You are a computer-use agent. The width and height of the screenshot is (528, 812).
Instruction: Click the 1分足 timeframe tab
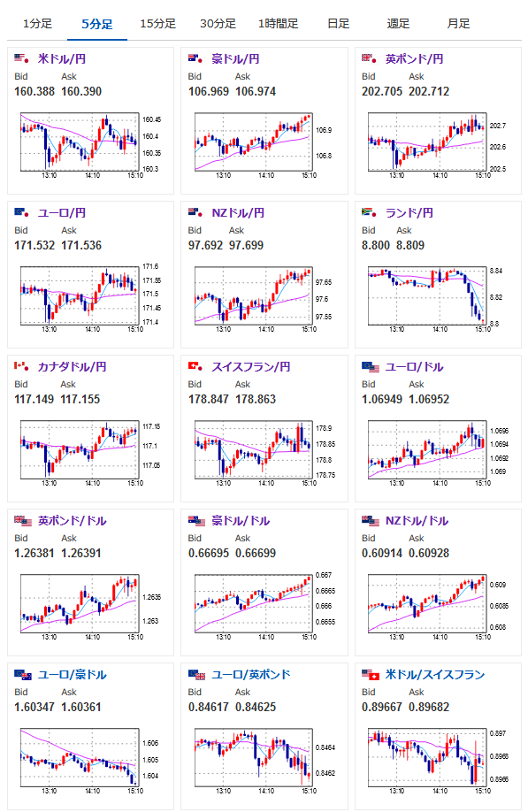37,24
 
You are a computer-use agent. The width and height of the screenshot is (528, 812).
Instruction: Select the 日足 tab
339,24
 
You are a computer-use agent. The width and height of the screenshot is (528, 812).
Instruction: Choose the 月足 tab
459,24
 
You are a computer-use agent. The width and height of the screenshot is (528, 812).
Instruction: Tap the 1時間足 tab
279,24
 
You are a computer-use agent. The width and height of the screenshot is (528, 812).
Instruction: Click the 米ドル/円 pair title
62,59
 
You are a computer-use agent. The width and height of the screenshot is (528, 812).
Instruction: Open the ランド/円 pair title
409,213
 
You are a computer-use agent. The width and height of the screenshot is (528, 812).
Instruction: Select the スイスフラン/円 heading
250,367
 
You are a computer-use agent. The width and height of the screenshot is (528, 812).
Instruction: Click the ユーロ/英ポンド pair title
250,674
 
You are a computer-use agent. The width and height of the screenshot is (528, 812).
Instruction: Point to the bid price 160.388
34,92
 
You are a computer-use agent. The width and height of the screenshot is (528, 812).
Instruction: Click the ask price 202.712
429,92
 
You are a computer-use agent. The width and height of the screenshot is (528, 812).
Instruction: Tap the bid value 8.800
376,246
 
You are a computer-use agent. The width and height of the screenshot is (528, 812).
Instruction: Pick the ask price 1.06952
429,399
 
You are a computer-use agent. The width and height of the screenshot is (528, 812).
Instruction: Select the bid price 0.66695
209,553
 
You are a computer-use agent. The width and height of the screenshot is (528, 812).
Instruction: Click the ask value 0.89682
429,707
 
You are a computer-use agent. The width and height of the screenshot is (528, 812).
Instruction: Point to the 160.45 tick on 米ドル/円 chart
151,119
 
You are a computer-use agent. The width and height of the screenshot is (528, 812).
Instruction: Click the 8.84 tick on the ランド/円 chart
496,271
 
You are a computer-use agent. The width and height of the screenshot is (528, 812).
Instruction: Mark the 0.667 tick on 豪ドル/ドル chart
324,575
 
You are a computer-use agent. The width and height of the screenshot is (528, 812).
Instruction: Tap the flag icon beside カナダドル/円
21,367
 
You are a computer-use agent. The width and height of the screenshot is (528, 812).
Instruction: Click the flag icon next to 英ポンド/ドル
23,520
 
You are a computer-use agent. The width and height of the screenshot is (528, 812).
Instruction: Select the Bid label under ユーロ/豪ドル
21,692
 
